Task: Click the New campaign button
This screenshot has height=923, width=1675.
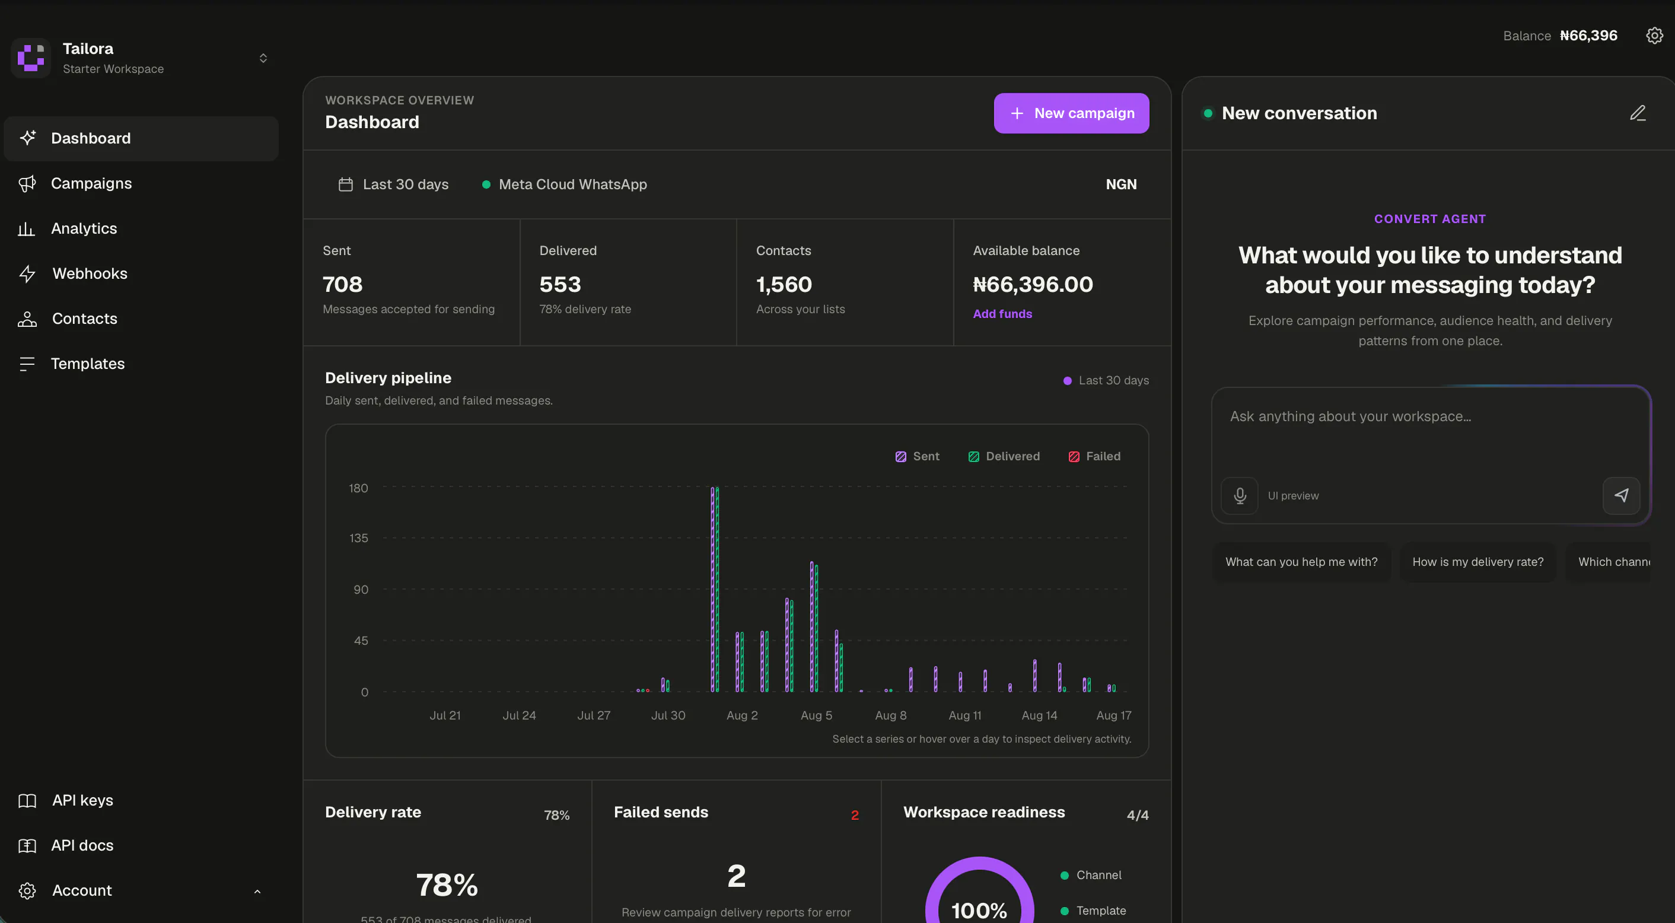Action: click(x=1071, y=113)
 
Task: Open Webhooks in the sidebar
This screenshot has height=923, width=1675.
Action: click(x=90, y=273)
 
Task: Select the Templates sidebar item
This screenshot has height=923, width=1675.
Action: click(x=88, y=364)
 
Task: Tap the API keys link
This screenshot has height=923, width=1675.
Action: click(x=82, y=800)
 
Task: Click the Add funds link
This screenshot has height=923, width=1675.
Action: click(x=1002, y=314)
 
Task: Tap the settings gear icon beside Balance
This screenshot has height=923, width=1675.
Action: click(x=1654, y=36)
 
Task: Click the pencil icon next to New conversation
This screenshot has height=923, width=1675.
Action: click(x=1637, y=113)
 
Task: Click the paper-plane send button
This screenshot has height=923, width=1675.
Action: click(x=1621, y=496)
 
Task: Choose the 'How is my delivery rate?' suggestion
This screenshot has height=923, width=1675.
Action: click(x=1477, y=561)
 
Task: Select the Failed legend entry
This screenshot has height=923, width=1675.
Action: click(x=1094, y=457)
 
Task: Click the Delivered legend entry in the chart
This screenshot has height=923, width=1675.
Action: click(x=1004, y=457)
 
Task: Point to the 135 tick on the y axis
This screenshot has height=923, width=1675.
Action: click(x=358, y=538)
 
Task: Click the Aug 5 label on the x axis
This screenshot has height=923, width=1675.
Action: click(x=816, y=715)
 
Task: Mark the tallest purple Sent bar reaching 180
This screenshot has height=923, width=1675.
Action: click(x=713, y=588)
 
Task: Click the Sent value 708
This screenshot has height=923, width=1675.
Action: click(x=343, y=284)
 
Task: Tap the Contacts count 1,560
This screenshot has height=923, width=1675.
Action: click(x=784, y=284)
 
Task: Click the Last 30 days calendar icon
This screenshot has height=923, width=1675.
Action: click(x=345, y=184)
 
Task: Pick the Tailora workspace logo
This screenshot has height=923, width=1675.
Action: click(x=31, y=58)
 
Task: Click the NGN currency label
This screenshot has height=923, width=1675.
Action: click(x=1121, y=184)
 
